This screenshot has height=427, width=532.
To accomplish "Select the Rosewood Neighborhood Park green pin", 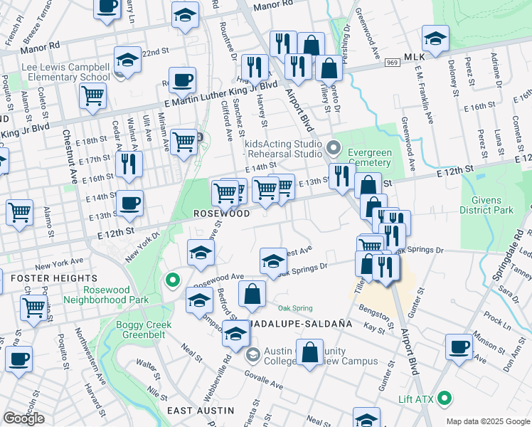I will pyautogui.click(x=171, y=280).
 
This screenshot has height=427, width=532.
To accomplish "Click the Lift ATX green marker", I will pyautogui.click(x=445, y=398).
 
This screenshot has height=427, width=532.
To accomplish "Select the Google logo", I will pyautogui.click(x=23, y=418).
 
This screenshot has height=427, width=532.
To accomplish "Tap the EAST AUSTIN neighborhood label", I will pyautogui.click(x=201, y=411).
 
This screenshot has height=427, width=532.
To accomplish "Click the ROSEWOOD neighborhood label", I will pyautogui.click(x=223, y=213).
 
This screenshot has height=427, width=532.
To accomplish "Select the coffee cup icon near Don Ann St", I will pyautogui.click(x=459, y=347).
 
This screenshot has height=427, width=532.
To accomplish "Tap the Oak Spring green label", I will pyautogui.click(x=295, y=308).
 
